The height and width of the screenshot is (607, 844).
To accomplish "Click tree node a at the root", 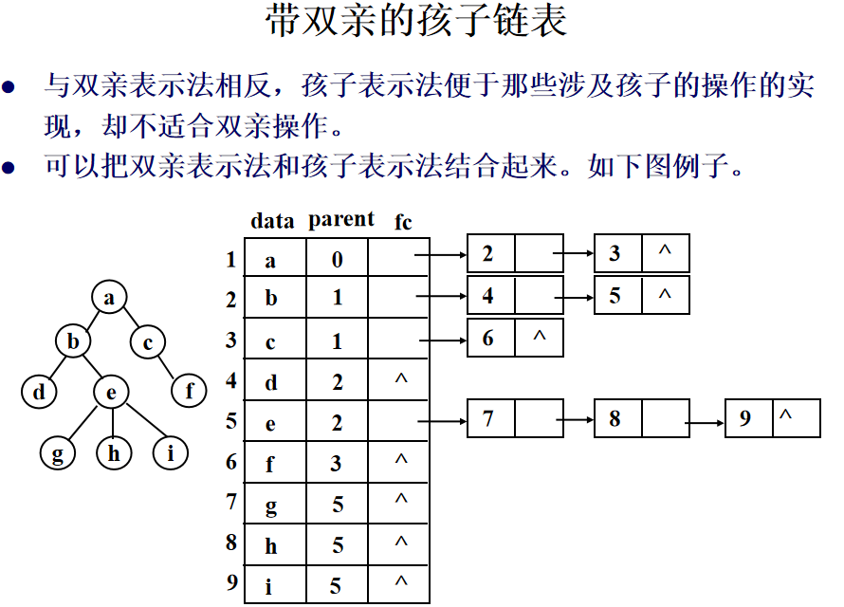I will point(110,298).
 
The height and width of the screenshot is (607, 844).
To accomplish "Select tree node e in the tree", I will point(112,391).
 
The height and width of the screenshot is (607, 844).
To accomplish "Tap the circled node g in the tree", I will point(58,453).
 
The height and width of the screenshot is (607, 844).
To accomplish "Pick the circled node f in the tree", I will point(190,391).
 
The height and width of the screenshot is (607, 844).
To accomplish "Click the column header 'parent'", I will point(341,219).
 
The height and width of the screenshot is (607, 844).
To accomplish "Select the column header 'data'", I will point(272,221).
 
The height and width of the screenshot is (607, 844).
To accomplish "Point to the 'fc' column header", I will point(403,222).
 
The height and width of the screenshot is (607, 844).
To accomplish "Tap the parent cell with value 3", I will point(338,463).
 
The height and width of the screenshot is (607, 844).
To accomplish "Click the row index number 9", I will point(231,583).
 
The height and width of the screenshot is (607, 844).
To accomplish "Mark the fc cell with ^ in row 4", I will point(400,380).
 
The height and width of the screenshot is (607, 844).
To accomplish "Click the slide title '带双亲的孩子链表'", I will point(417,23).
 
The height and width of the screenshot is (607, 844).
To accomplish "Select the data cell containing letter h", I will point(272,545).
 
